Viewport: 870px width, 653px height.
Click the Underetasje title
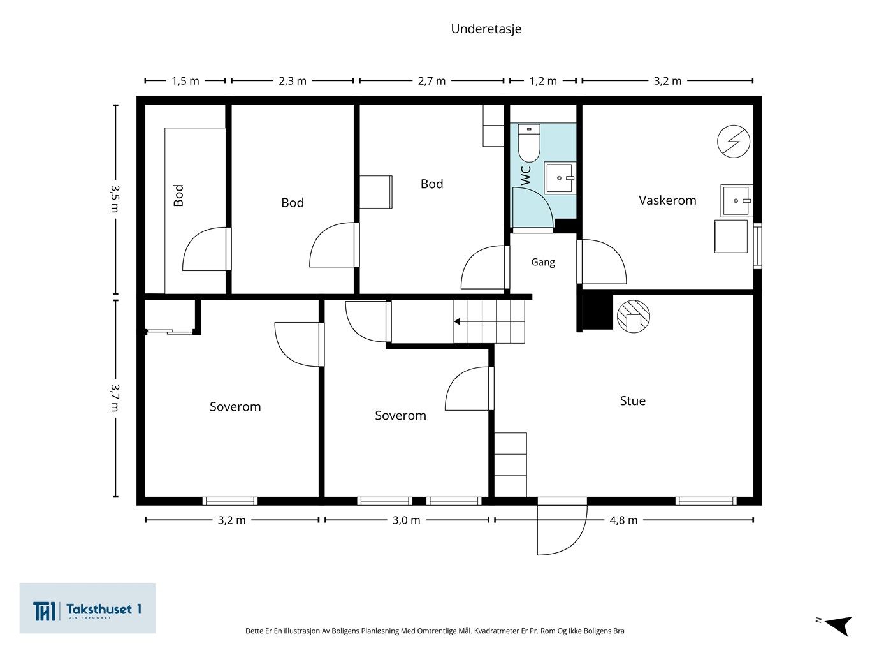click(486, 29)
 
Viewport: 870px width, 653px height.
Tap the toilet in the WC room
click(529, 143)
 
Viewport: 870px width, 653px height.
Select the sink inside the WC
click(560, 178)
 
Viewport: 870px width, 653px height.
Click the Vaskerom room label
click(667, 200)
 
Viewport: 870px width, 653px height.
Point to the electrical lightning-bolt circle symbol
click(734, 142)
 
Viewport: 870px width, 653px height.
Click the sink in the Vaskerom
click(736, 201)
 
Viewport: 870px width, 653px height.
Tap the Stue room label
click(633, 401)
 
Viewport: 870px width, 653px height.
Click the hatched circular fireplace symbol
click(634, 316)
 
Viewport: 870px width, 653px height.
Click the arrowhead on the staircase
click(457, 321)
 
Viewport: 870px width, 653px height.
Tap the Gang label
click(543, 262)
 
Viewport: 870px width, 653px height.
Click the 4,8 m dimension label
click(623, 520)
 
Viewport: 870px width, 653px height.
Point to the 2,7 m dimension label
click(431, 81)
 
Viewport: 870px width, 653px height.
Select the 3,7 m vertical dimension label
click(115, 398)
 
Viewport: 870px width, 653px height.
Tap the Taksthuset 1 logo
click(87, 608)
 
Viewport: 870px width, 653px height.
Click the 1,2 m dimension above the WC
click(543, 81)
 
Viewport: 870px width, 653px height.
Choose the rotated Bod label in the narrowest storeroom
click(178, 196)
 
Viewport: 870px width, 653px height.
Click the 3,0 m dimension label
click(406, 520)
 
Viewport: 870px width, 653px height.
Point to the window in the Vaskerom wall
click(757, 246)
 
